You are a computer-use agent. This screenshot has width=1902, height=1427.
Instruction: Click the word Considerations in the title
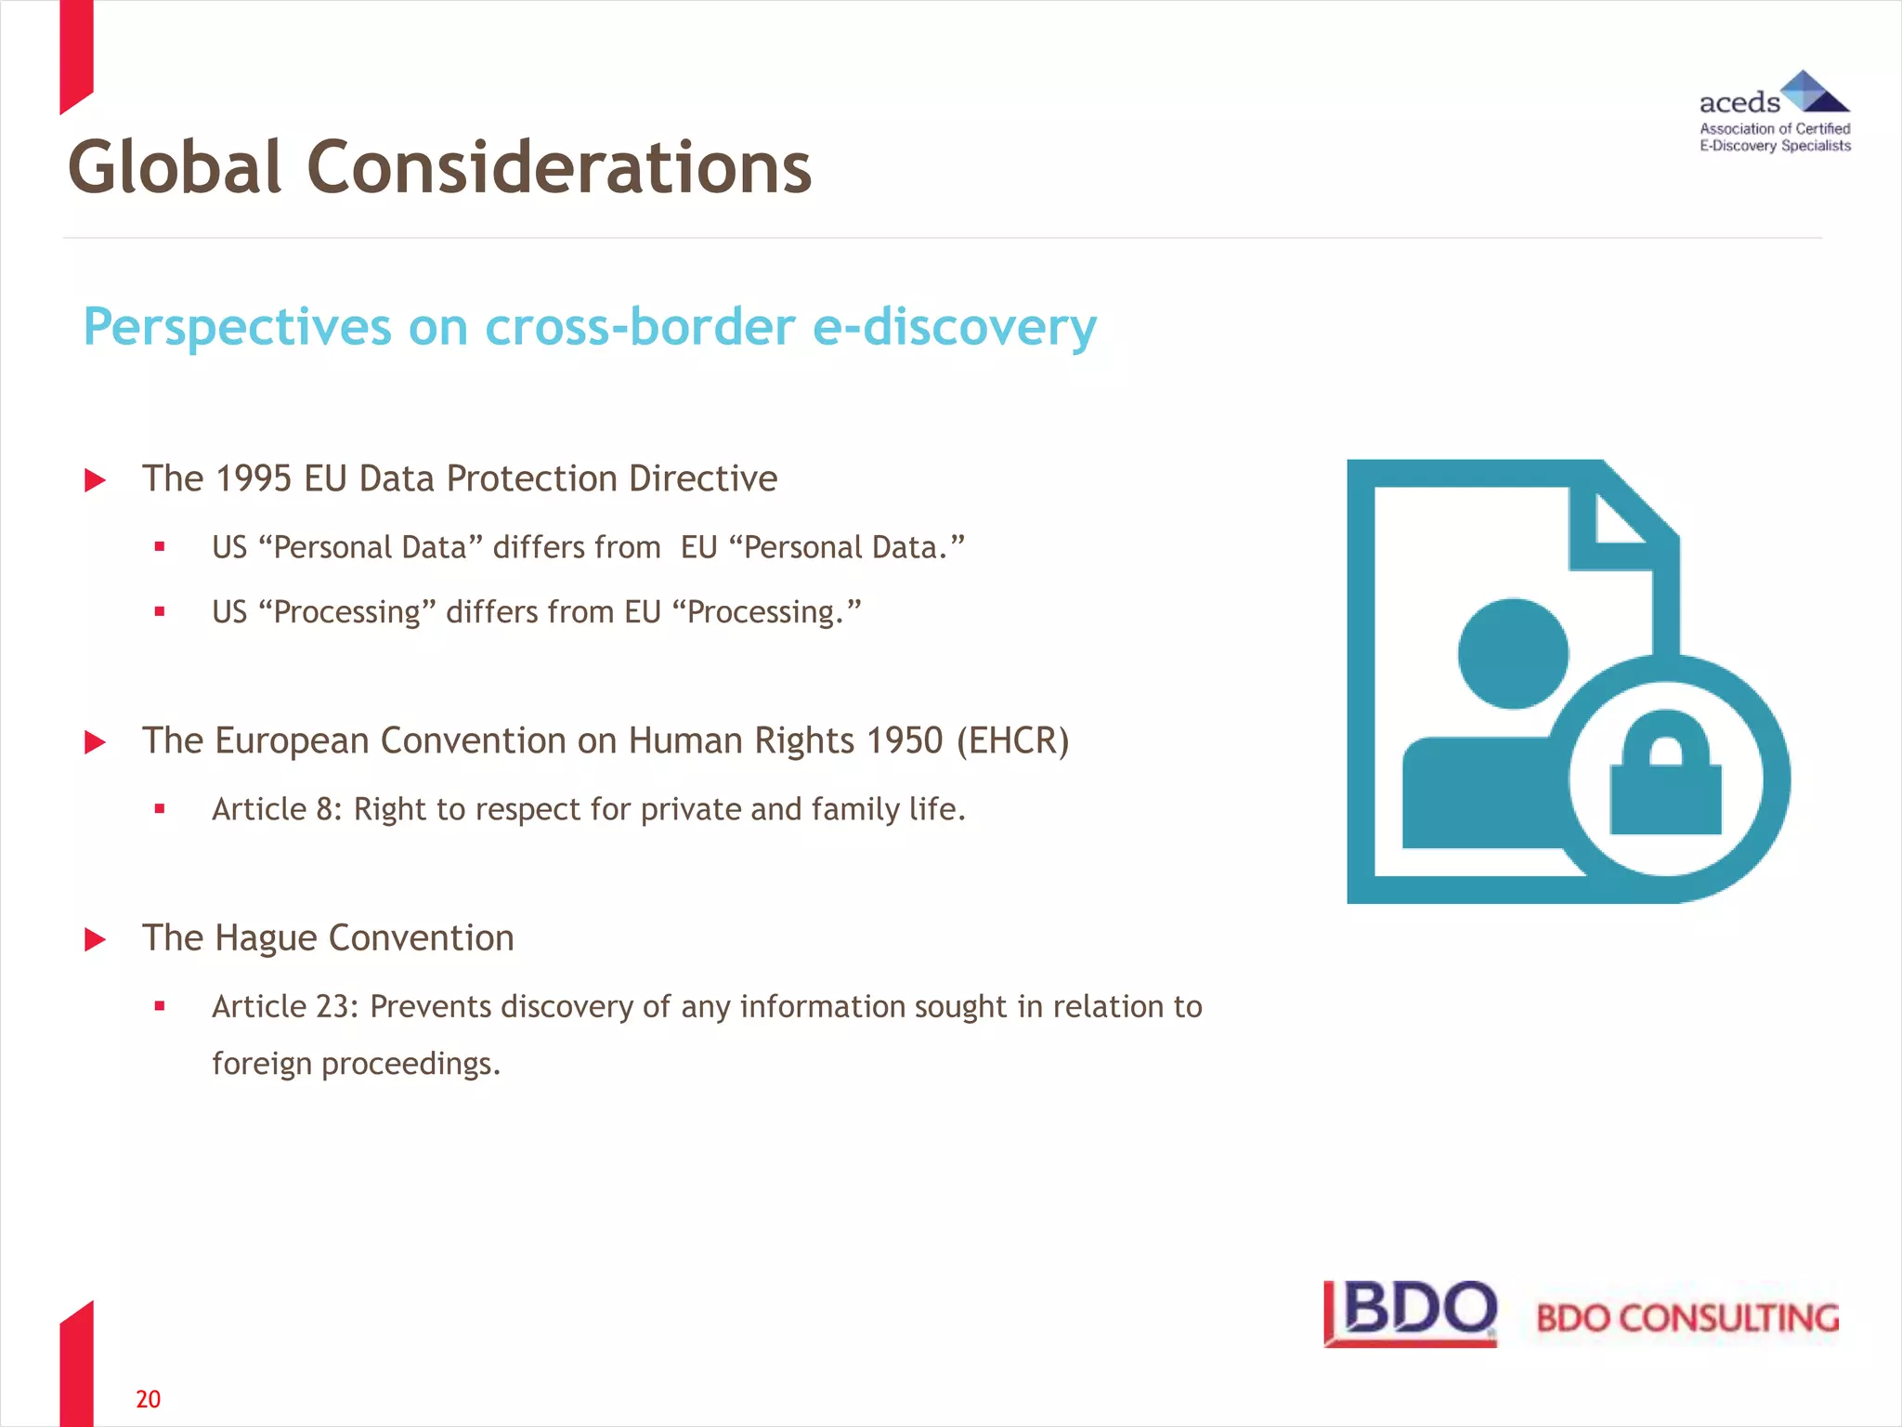[x=559, y=168]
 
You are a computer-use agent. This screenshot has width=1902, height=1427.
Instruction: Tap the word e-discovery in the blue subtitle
[x=954, y=327]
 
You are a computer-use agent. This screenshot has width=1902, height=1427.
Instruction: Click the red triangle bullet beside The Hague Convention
[x=95, y=939]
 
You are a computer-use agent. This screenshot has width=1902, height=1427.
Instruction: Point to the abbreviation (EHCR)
[x=1012, y=740]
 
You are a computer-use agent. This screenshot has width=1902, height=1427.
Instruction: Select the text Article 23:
[x=285, y=1006]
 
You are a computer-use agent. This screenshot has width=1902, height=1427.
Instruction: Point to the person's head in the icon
[x=1513, y=653]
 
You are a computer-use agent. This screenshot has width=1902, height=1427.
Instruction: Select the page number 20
[x=148, y=1399]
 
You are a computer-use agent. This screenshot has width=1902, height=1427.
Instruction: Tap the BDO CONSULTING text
[x=1687, y=1318]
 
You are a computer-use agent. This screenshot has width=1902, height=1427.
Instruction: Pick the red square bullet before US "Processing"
[x=160, y=611]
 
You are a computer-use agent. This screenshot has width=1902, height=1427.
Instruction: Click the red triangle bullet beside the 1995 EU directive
[x=95, y=480]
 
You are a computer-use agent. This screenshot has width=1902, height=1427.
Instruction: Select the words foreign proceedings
[x=356, y=1063]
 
